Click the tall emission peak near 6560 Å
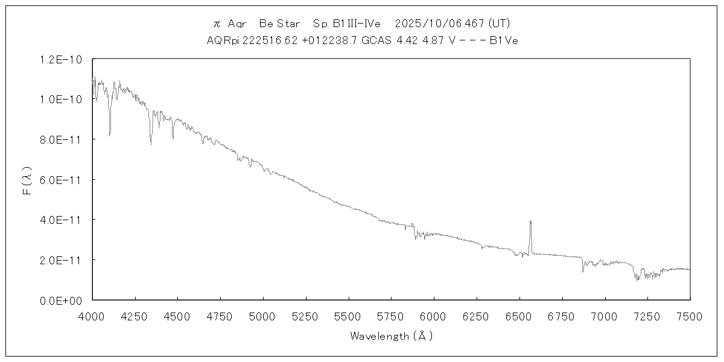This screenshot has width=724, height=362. click(530, 221)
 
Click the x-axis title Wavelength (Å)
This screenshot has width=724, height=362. click(391, 336)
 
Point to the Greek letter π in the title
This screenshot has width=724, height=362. click(217, 24)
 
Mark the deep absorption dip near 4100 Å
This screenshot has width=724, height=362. click(109, 134)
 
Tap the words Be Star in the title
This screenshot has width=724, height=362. click(279, 24)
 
